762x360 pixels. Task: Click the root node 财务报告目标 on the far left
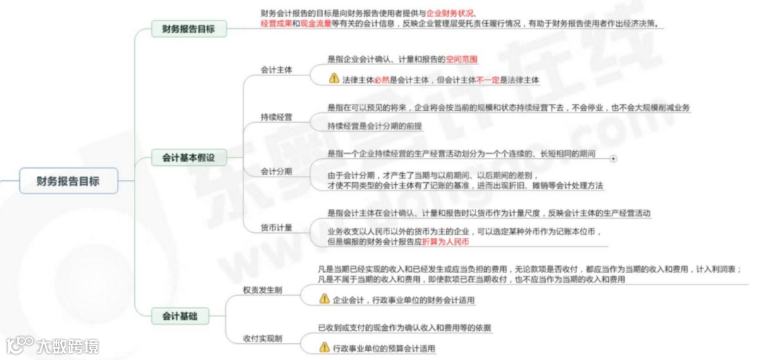[x=68, y=181]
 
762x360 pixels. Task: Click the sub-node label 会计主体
[x=277, y=70]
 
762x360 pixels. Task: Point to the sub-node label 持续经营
[x=277, y=116]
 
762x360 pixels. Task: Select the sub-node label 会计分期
[x=277, y=171]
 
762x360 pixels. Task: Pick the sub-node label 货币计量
[x=277, y=227]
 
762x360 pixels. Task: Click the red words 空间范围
[x=462, y=60]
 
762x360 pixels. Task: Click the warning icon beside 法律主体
[x=334, y=78]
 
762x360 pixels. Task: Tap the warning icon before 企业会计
[x=325, y=299]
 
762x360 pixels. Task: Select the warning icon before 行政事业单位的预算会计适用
[x=325, y=347]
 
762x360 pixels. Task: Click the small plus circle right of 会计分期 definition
[x=612, y=159]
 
